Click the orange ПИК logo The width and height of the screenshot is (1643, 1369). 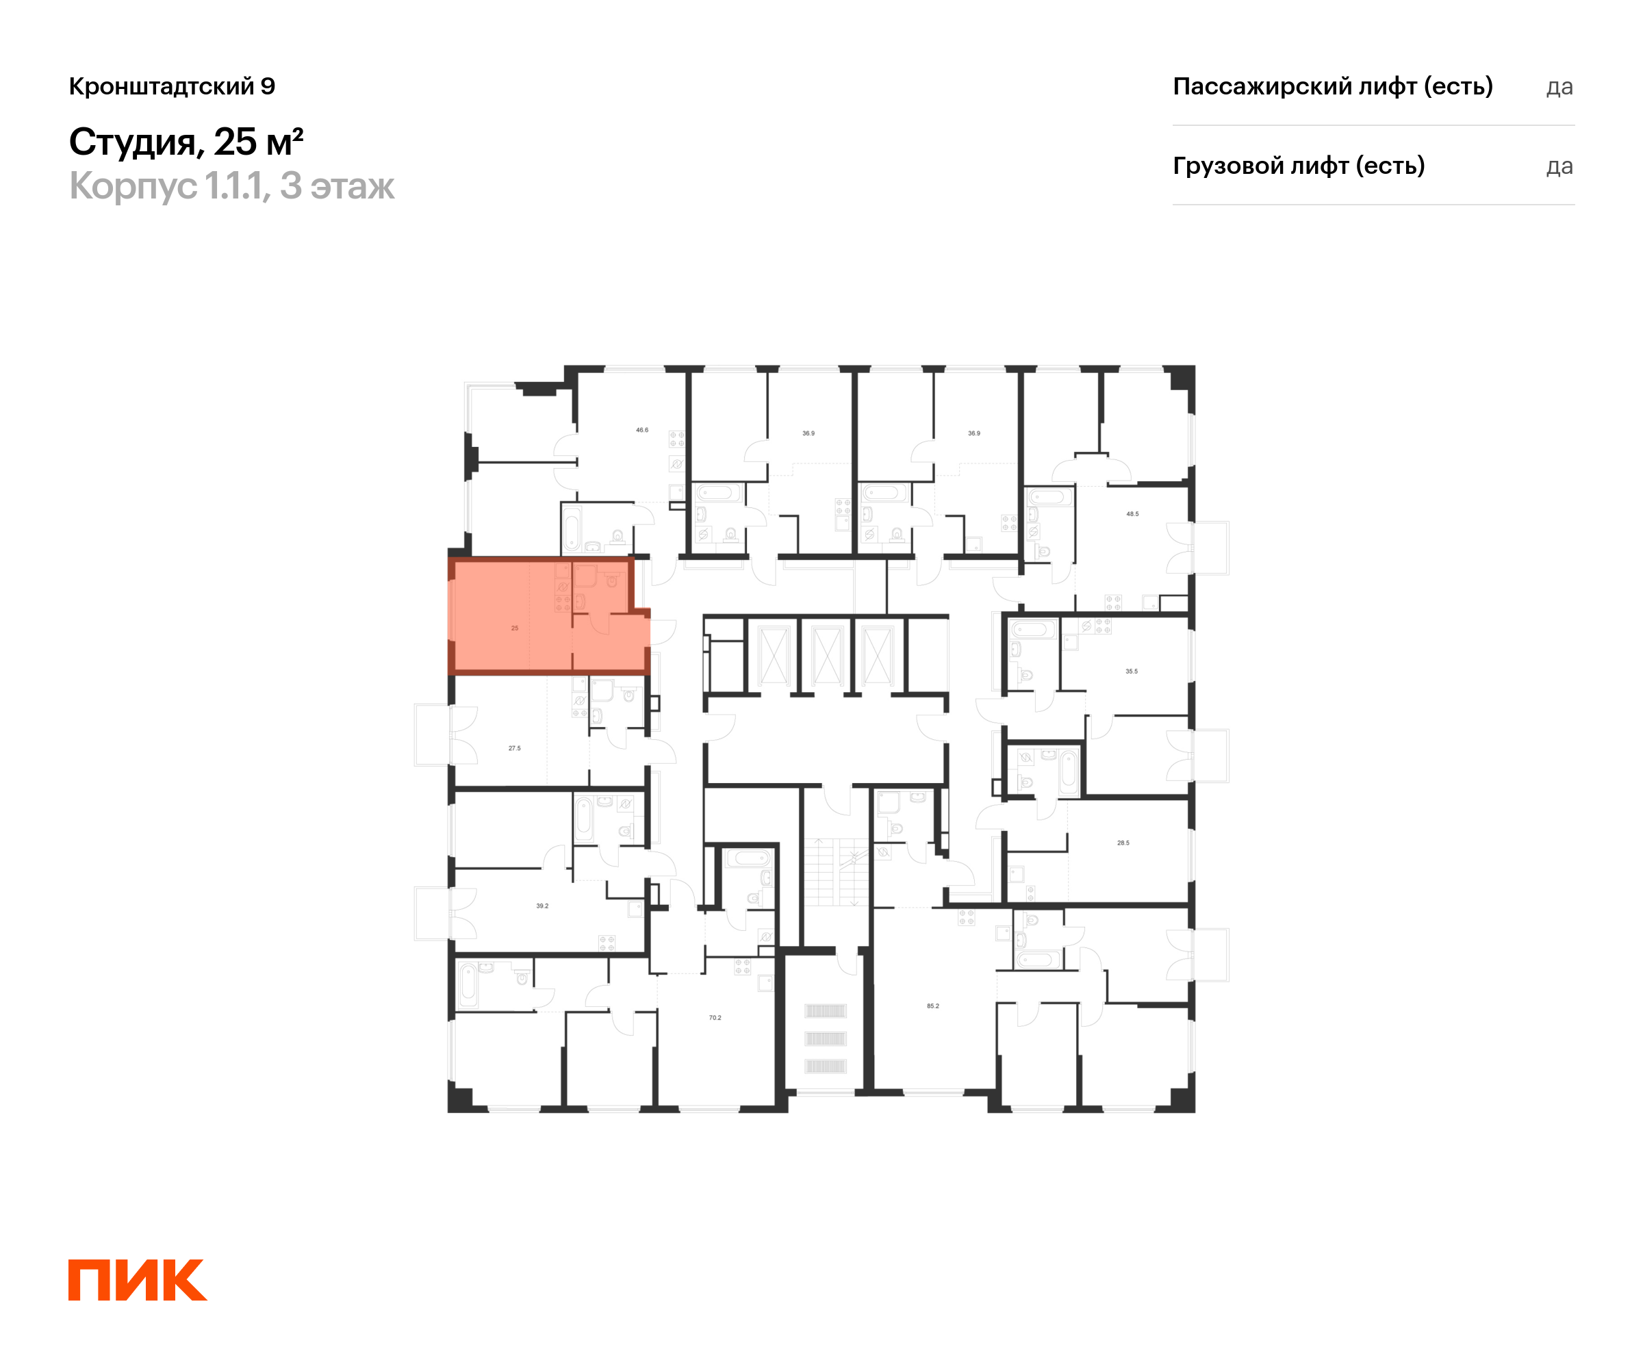pyautogui.click(x=137, y=1280)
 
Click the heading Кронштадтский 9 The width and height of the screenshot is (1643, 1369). pyautogui.click(x=172, y=86)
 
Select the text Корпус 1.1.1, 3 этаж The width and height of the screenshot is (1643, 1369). pyautogui.click(x=231, y=186)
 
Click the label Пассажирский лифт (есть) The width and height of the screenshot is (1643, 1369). pyautogui.click(x=1332, y=86)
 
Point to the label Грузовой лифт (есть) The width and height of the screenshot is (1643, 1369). pyautogui.click(x=1298, y=166)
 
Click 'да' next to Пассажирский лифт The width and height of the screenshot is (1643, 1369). pyautogui.click(x=1559, y=87)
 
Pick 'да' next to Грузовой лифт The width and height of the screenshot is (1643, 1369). pyautogui.click(x=1559, y=166)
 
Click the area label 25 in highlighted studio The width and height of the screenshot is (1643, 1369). pyautogui.click(x=515, y=628)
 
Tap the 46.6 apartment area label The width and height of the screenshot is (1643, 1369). pyautogui.click(x=641, y=431)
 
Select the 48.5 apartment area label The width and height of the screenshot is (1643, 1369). pyautogui.click(x=1132, y=514)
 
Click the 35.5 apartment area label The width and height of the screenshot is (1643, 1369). pyautogui.click(x=1132, y=671)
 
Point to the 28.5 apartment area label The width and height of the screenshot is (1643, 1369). pyautogui.click(x=1123, y=843)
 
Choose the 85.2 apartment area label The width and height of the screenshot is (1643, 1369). pyautogui.click(x=932, y=1006)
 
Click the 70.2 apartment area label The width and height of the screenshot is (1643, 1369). pyautogui.click(x=715, y=1018)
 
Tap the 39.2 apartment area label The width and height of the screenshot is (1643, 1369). pyautogui.click(x=542, y=906)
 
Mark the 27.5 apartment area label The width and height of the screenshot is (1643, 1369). pyautogui.click(x=514, y=749)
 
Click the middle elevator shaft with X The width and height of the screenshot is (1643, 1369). pyautogui.click(x=826, y=656)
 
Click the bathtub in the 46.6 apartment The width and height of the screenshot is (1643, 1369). pyautogui.click(x=572, y=529)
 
